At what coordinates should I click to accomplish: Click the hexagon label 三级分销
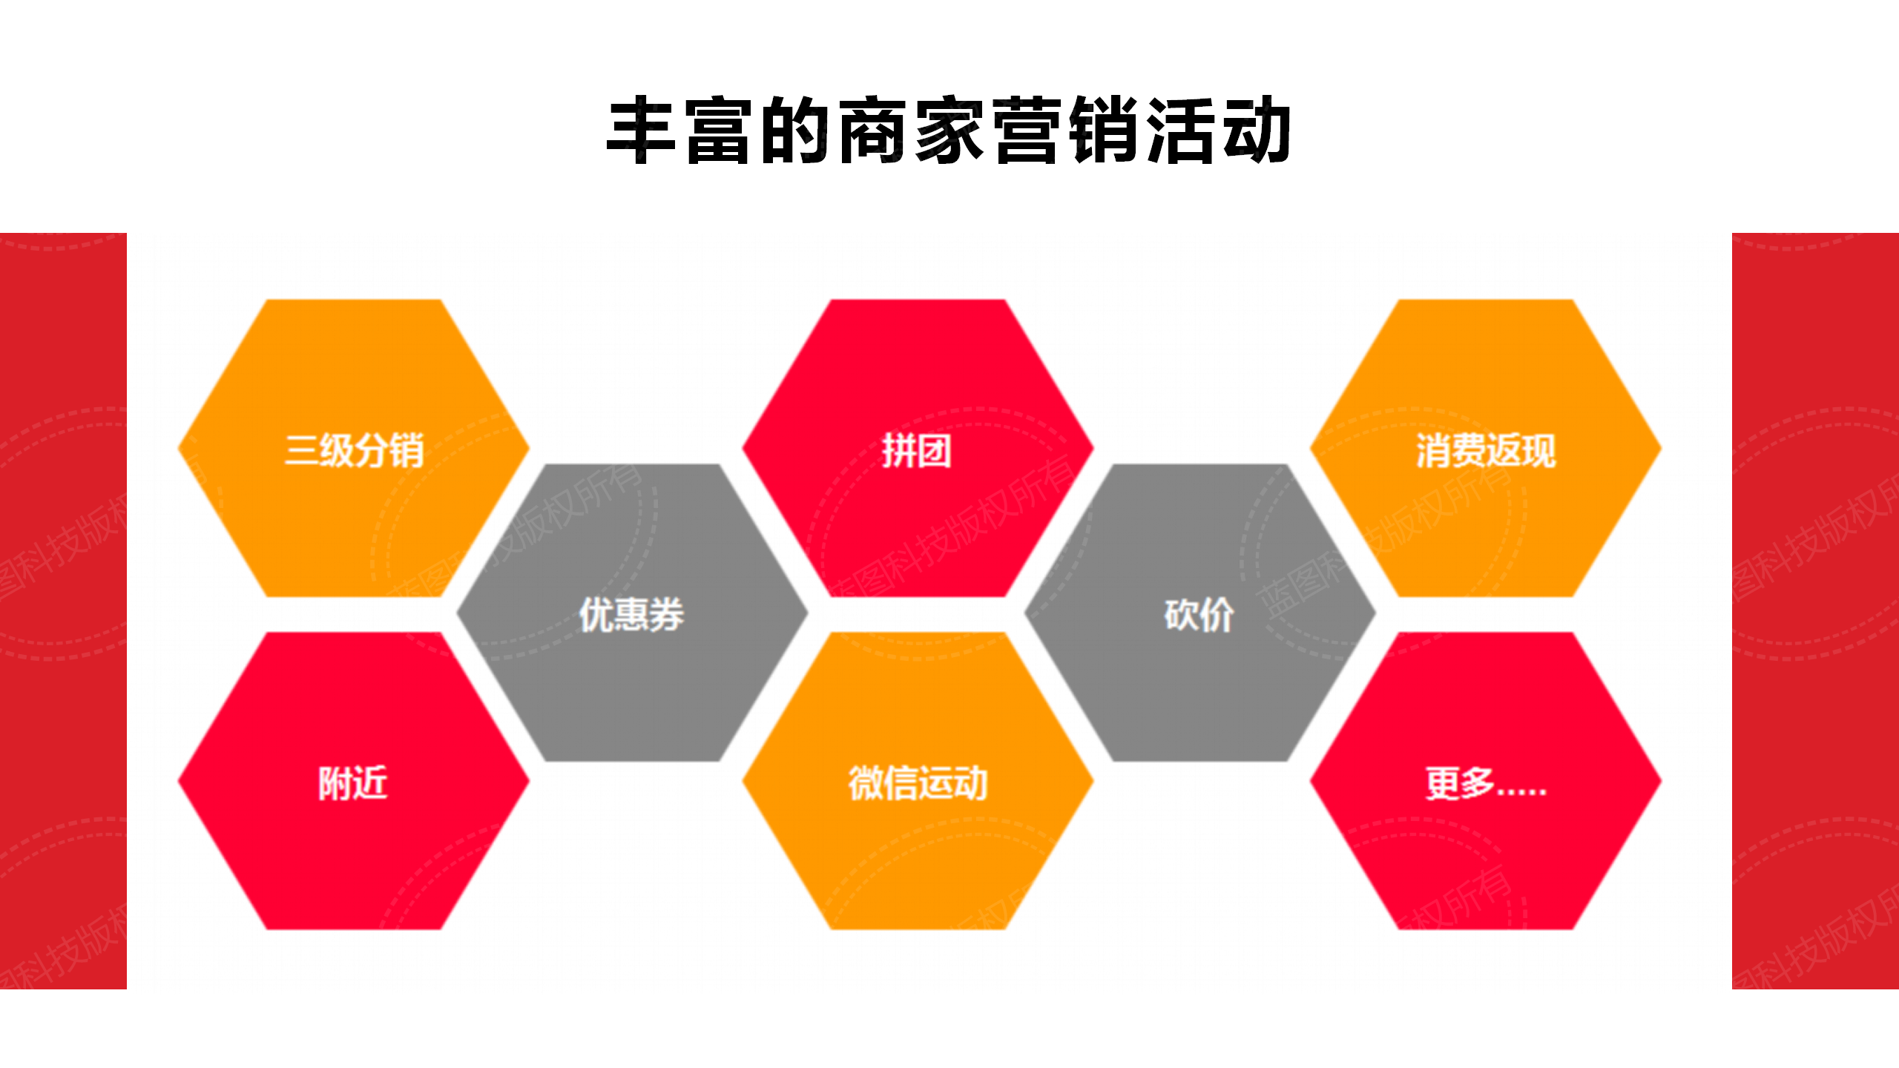(x=354, y=449)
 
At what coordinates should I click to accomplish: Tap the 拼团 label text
(x=917, y=449)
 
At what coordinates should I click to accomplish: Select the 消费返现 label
(x=1485, y=449)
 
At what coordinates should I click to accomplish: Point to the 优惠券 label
(x=631, y=614)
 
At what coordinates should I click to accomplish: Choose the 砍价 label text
(x=1199, y=614)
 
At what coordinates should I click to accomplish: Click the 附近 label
(x=353, y=782)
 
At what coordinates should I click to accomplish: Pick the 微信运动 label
(x=918, y=782)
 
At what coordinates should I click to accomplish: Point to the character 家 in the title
(x=949, y=131)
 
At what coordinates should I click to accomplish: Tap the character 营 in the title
(x=1027, y=131)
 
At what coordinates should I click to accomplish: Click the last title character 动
(x=1258, y=131)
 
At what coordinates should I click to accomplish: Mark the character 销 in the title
(x=1105, y=131)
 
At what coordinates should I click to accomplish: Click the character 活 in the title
(x=1181, y=131)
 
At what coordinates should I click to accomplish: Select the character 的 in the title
(x=795, y=131)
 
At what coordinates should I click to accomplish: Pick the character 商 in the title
(x=872, y=131)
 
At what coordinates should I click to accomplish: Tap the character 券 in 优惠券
(x=665, y=614)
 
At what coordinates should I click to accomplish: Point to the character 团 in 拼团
(x=934, y=449)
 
